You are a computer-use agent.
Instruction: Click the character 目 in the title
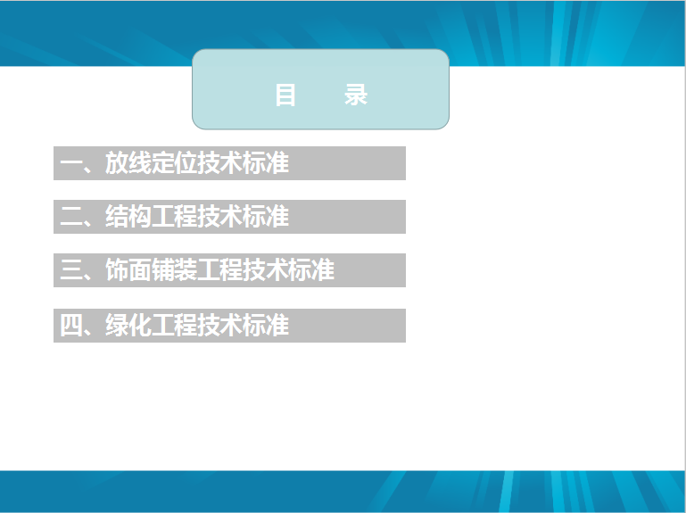pos(285,95)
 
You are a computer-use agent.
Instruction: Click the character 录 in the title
pos(356,95)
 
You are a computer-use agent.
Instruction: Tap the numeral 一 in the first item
pos(70,163)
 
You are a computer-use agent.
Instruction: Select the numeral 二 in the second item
pos(70,217)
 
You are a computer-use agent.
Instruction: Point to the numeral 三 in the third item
pos(70,270)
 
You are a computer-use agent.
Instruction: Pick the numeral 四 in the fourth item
pos(70,326)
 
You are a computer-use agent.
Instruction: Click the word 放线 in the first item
pos(128,163)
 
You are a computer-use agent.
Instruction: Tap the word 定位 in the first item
pos(174,163)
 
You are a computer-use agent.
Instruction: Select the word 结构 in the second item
pos(128,216)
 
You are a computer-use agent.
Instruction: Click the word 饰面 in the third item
pos(128,269)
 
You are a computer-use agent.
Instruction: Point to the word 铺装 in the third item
pos(174,269)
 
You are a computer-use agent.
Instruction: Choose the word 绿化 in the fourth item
pos(128,325)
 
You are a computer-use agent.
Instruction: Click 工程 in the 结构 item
pos(174,216)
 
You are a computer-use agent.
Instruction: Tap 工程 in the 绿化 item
pos(174,325)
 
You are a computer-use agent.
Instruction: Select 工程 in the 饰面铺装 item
pos(220,269)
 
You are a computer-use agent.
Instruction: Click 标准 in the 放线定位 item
pos(266,163)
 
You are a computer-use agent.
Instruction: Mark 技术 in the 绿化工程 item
pos(220,325)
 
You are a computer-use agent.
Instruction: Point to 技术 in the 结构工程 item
pos(220,216)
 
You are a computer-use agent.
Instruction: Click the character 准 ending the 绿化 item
pos(277,325)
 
